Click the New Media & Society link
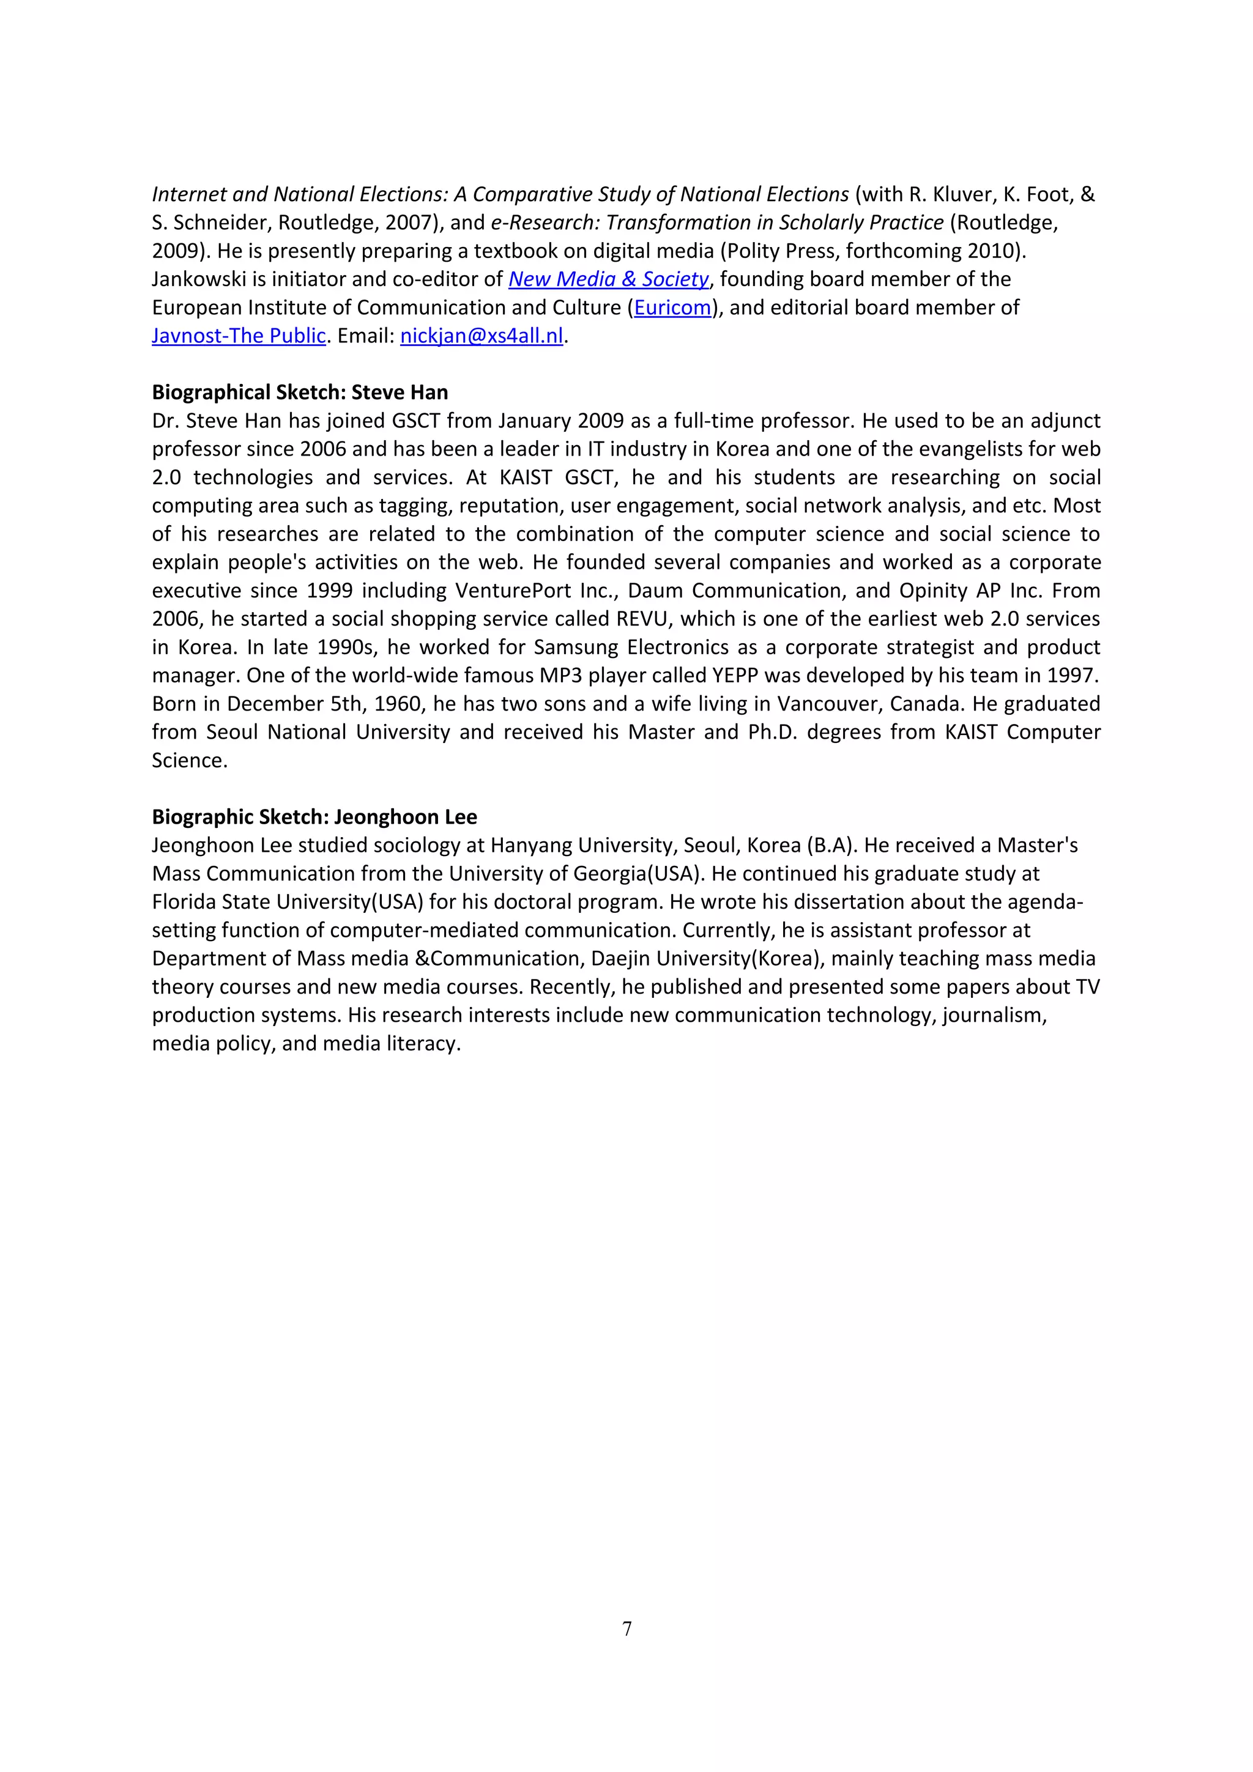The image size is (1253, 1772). pos(608,279)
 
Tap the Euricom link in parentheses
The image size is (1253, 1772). pos(672,307)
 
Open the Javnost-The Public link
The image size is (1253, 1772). pos(239,336)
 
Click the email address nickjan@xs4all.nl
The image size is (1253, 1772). pos(481,336)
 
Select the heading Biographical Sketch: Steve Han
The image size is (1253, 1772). pos(300,392)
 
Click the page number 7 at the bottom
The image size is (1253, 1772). pos(627,1628)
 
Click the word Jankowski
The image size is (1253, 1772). pos(198,279)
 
